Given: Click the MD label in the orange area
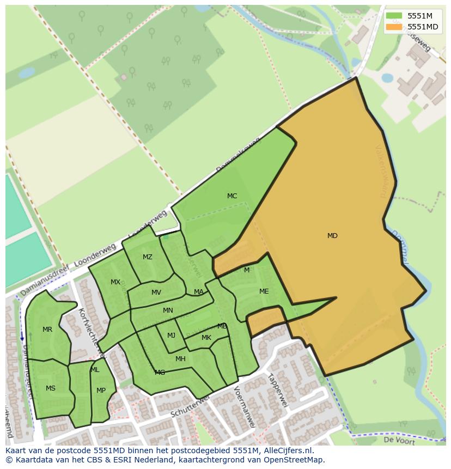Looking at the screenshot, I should click(x=332, y=236).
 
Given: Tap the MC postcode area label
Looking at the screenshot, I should click(x=232, y=196).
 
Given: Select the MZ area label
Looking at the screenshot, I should click(x=148, y=257).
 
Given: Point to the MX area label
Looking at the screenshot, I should click(x=115, y=282).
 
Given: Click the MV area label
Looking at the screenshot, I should click(x=156, y=293).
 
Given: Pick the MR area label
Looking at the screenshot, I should click(x=47, y=330).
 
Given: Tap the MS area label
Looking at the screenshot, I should click(x=51, y=388).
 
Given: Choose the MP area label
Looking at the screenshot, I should click(x=101, y=391).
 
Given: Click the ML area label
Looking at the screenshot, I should click(x=95, y=370).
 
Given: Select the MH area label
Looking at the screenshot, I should click(x=180, y=358).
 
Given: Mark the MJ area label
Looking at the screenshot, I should click(x=171, y=336).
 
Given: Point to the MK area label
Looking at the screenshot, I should click(x=206, y=338).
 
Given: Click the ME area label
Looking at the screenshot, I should click(x=264, y=291).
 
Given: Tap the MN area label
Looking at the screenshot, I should click(x=168, y=310).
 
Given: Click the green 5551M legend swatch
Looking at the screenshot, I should click(x=394, y=16).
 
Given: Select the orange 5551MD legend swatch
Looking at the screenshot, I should click(x=394, y=27).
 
